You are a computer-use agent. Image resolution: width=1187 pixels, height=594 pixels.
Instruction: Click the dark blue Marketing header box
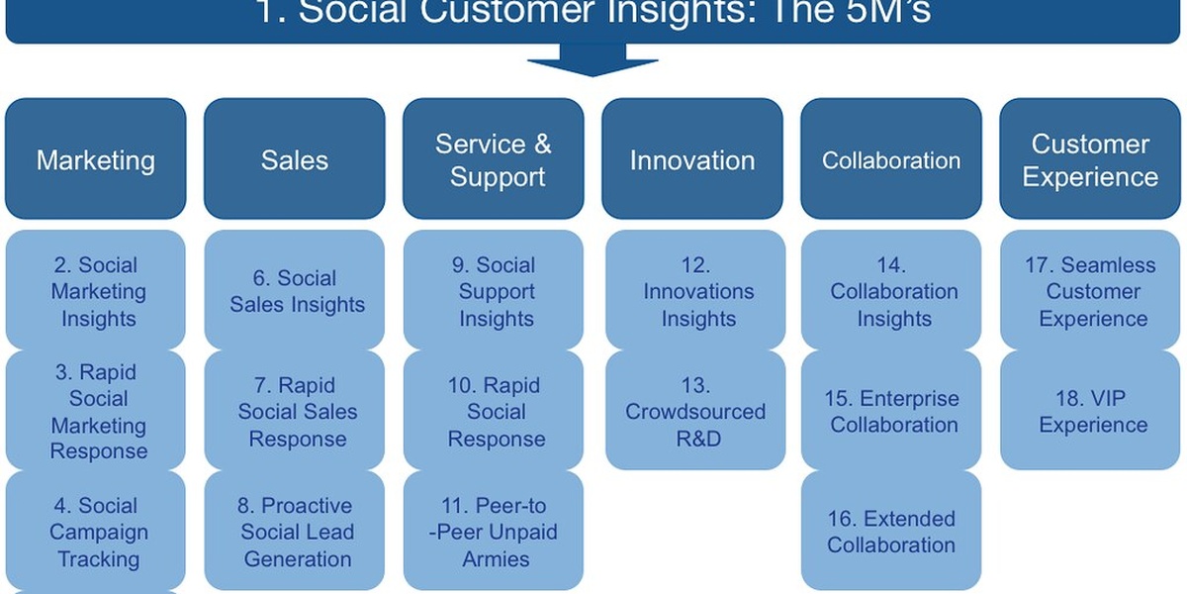tap(96, 159)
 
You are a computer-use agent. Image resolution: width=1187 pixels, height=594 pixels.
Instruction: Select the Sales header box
tap(295, 159)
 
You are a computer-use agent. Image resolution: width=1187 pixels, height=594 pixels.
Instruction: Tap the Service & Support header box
tap(494, 159)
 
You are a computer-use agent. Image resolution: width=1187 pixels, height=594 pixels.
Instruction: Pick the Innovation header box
tap(692, 159)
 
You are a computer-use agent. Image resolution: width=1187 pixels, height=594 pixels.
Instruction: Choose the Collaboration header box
tap(891, 159)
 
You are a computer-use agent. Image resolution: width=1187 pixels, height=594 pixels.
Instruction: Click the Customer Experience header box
tap(1090, 159)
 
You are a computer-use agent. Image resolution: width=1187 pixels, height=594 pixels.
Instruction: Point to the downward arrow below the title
tap(593, 60)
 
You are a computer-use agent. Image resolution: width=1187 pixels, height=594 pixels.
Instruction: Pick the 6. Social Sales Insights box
tap(295, 291)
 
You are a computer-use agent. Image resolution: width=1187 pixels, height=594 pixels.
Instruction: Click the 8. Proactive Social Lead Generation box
tap(295, 532)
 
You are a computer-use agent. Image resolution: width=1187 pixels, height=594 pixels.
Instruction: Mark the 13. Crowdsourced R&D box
tap(694, 411)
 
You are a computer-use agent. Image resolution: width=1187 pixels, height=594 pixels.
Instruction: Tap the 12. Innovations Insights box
tap(694, 291)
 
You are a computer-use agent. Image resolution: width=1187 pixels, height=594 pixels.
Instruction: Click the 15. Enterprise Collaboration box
tap(891, 411)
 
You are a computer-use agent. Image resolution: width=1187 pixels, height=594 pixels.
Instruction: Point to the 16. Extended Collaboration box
tap(891, 532)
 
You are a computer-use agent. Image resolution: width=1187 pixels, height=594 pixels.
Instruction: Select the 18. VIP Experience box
tap(1092, 411)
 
